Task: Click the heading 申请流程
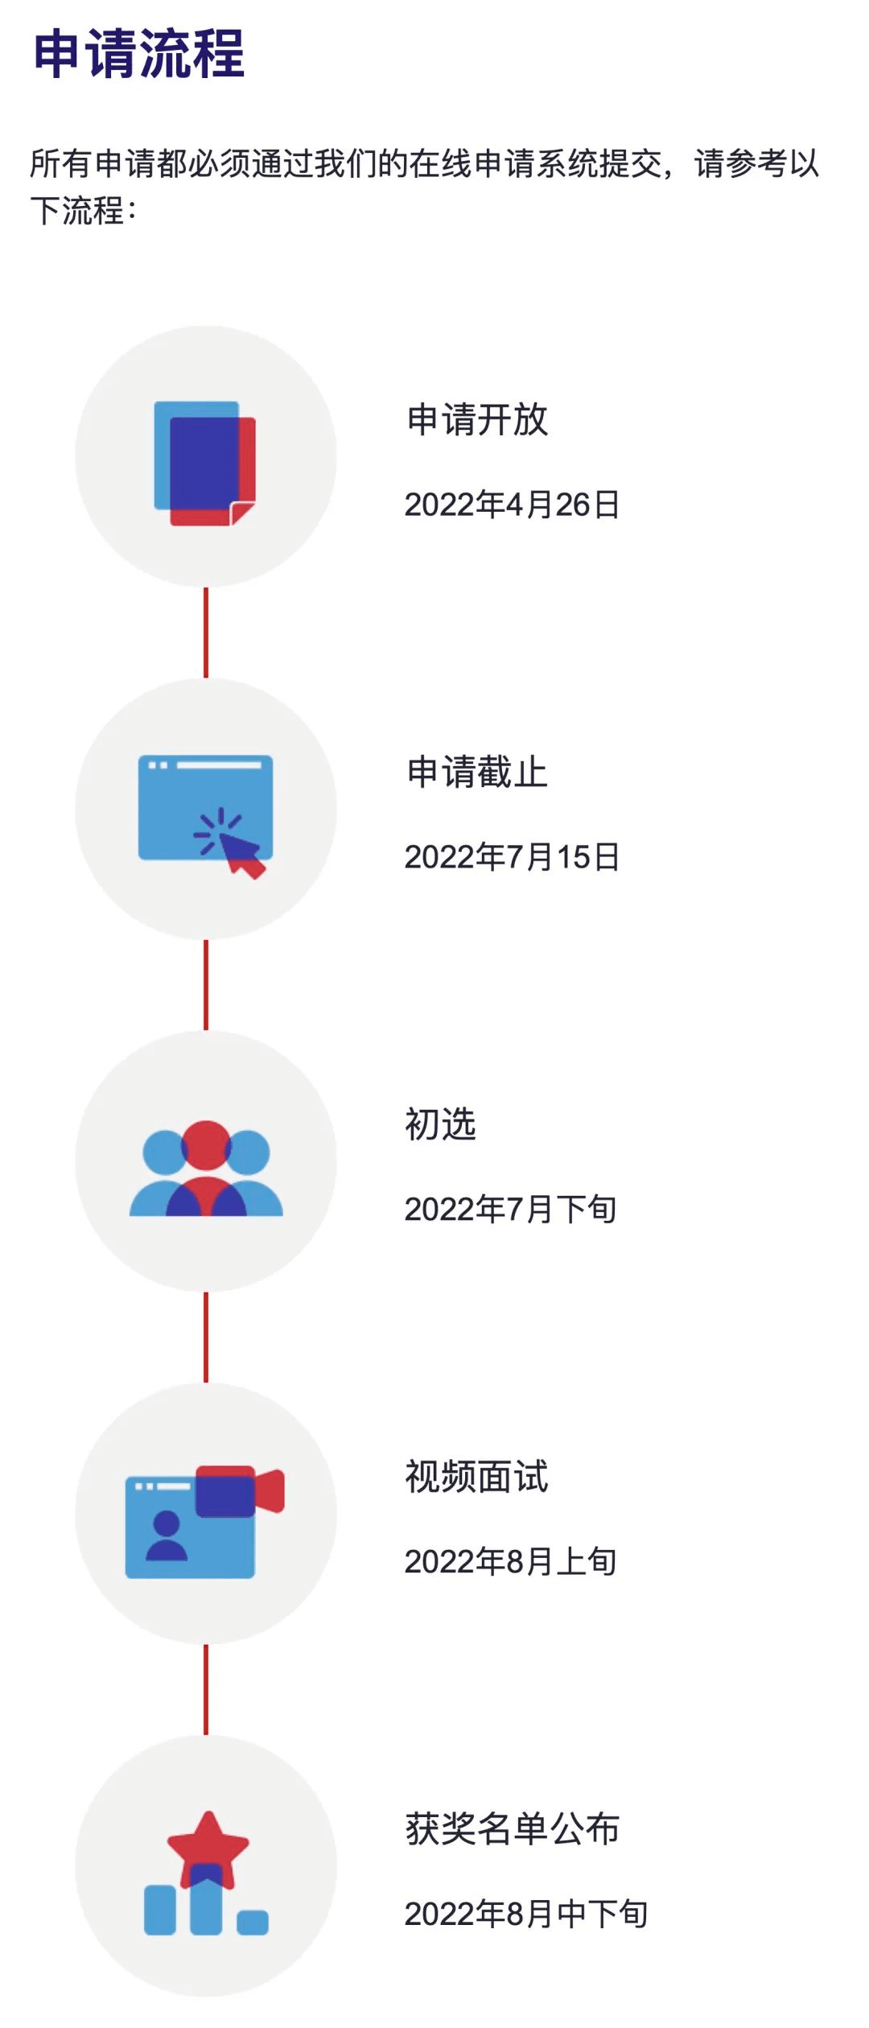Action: pyautogui.click(x=138, y=54)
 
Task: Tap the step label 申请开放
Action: pyautogui.click(x=477, y=420)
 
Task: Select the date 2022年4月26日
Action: pyautogui.click(x=512, y=505)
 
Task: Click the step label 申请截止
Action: pyautogui.click(x=477, y=773)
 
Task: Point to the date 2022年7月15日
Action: pyautogui.click(x=512, y=857)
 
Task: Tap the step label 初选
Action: pyautogui.click(x=440, y=1124)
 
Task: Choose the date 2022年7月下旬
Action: pyautogui.click(x=510, y=1209)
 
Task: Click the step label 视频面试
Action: pyautogui.click(x=476, y=1477)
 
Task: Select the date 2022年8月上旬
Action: pyautogui.click(x=510, y=1561)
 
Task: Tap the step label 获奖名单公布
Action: pyautogui.click(x=513, y=1829)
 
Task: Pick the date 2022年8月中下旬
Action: pyautogui.click(x=525, y=1914)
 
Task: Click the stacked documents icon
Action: pyautogui.click(x=205, y=464)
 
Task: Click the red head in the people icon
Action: pyautogui.click(x=206, y=1144)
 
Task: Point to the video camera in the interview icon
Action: pyautogui.click(x=240, y=1491)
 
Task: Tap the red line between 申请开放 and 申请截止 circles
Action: pyautogui.click(x=206, y=633)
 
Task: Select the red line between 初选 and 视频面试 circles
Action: pyautogui.click(x=206, y=1338)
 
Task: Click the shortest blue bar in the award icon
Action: pyautogui.click(x=253, y=1923)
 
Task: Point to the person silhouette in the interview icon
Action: pyautogui.click(x=167, y=1536)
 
